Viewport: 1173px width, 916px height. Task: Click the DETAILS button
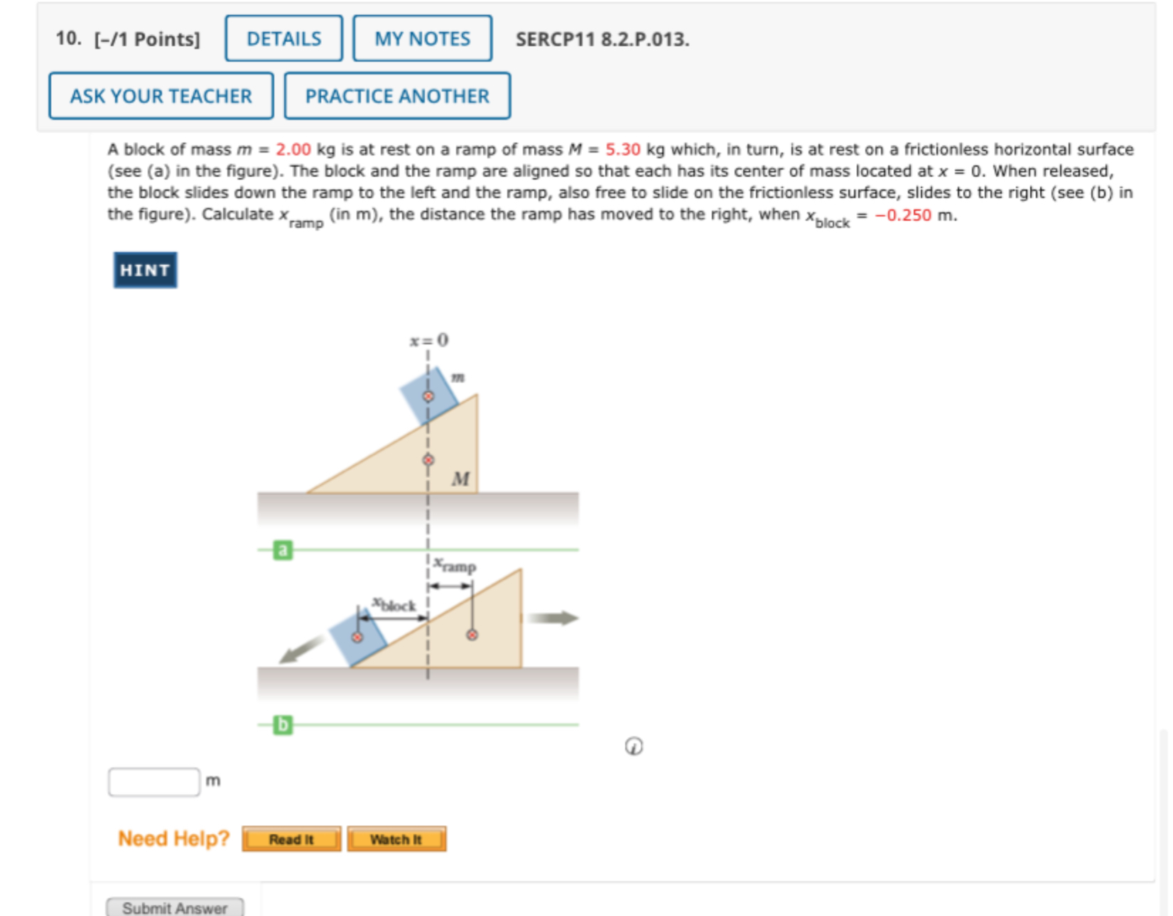pos(283,38)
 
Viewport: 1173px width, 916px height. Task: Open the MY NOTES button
pos(422,38)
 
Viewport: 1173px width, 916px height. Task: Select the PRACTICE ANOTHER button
pos(397,96)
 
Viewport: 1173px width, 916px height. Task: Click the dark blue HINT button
pos(145,270)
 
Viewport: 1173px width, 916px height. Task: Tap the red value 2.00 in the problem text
pos(293,150)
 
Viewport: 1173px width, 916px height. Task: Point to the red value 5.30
pos(622,150)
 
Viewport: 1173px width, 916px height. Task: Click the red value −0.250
pos(902,215)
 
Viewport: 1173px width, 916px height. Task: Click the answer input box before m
pos(154,782)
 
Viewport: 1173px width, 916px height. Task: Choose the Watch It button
pos(396,839)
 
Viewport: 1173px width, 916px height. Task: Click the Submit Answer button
pos(175,907)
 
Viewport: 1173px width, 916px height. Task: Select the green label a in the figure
pos(283,550)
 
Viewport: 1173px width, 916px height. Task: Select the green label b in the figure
pos(283,724)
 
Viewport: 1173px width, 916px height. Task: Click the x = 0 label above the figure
pos(428,340)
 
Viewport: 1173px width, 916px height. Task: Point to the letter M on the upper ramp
pos(460,479)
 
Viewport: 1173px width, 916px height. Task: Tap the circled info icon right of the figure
pos(634,746)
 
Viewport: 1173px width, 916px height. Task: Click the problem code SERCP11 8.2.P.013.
pos(602,39)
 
